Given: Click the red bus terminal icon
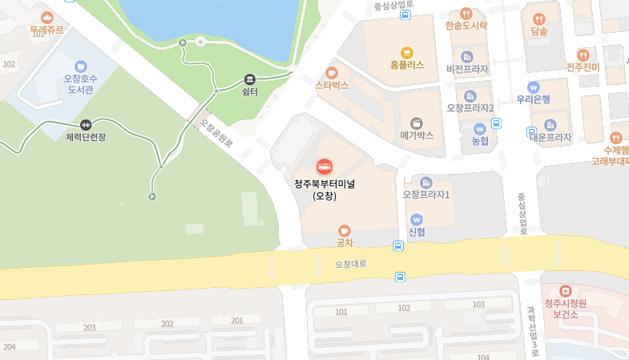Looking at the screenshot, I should [x=325, y=166].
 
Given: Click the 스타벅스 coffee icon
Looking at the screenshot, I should [x=332, y=72].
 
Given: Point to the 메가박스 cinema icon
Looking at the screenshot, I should [x=417, y=123].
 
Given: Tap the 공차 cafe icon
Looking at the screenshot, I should [x=345, y=230].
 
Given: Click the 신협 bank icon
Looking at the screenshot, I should [x=416, y=219].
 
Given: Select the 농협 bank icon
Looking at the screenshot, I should [x=480, y=128].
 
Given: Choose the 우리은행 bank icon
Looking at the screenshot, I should [x=533, y=87].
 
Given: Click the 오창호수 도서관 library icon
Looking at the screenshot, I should [x=80, y=66].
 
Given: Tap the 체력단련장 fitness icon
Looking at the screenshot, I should [x=86, y=125].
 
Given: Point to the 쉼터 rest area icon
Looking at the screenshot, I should [x=250, y=79].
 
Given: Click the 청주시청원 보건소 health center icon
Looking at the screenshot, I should [x=565, y=290].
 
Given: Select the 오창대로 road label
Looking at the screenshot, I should [x=350, y=263].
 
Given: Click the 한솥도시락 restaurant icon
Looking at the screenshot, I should [x=466, y=13].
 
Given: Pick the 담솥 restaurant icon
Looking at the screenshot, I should [x=538, y=18].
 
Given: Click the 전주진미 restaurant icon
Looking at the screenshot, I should [x=583, y=55].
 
